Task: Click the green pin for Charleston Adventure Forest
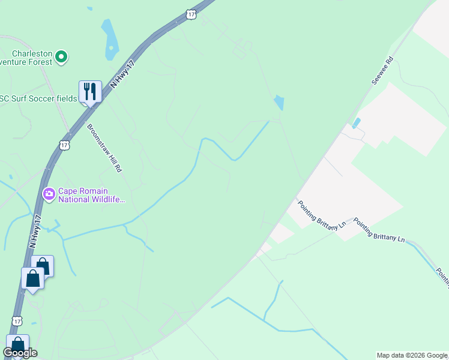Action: point(61,58)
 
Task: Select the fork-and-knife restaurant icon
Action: point(90,92)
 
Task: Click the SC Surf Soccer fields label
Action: point(38,98)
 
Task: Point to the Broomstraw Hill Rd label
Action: point(104,148)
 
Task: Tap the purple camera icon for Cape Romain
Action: point(49,193)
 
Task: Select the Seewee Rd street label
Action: point(381,70)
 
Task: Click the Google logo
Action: point(20,353)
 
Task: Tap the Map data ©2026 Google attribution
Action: point(412,355)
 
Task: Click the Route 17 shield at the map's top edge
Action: point(191,13)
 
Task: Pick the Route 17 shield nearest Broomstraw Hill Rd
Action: point(64,145)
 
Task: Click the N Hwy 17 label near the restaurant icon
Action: point(121,71)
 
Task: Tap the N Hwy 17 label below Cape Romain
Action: point(35,232)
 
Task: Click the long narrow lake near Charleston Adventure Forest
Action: point(110,40)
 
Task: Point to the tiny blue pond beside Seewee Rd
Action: point(357,123)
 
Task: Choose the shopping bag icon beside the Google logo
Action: point(18,345)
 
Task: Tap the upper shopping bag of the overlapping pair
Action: point(43,265)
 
